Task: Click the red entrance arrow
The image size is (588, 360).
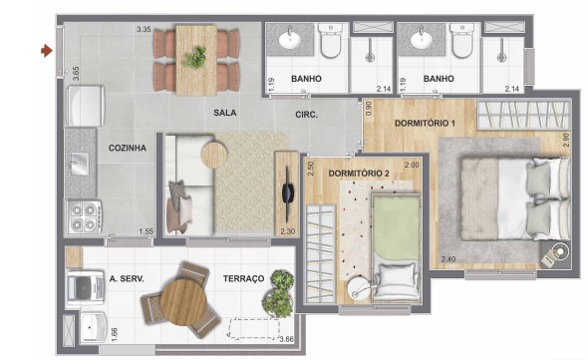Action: click(x=46, y=48)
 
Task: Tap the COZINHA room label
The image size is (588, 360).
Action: click(x=128, y=148)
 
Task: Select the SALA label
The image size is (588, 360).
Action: click(x=224, y=115)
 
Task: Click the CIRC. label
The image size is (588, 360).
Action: click(x=306, y=115)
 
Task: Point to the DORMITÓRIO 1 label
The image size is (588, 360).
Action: click(x=425, y=123)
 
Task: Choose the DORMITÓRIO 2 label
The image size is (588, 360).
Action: click(x=358, y=173)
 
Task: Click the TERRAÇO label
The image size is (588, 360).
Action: click(x=243, y=278)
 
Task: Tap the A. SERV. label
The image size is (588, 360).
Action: click(x=128, y=278)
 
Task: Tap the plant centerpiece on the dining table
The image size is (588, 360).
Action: click(x=194, y=57)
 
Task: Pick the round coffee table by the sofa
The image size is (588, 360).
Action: click(x=214, y=153)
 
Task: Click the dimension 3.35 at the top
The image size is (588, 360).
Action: click(x=144, y=30)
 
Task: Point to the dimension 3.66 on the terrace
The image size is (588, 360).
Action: click(x=285, y=341)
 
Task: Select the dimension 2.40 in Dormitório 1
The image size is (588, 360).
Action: click(x=447, y=261)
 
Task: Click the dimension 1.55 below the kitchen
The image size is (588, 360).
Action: click(x=147, y=231)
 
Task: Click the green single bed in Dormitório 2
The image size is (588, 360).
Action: click(x=396, y=234)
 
